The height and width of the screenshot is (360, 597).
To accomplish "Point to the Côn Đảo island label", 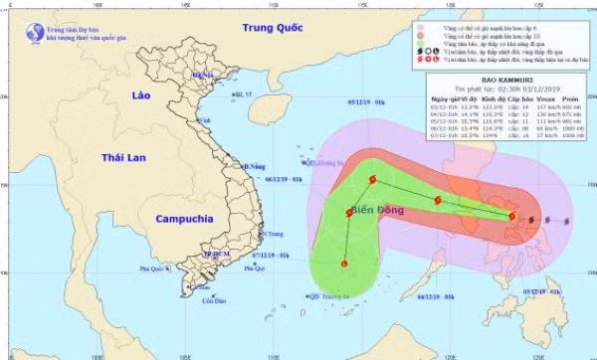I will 208,300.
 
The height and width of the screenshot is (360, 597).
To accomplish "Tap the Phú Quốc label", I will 151,268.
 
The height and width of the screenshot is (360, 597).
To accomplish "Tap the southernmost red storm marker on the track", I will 344,264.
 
